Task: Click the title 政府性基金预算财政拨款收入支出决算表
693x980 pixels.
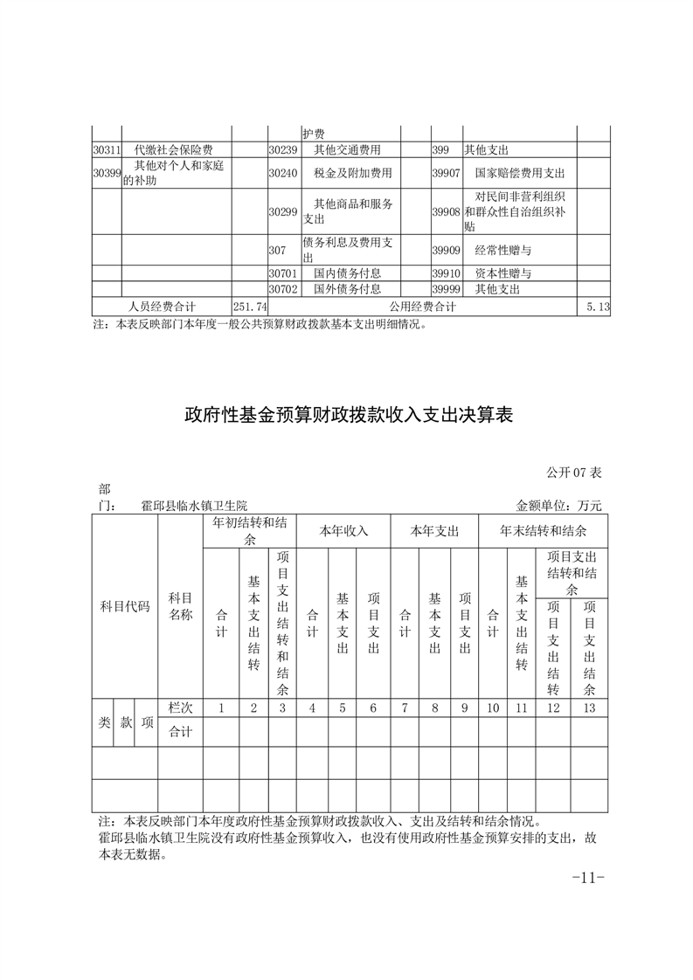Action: coord(347,414)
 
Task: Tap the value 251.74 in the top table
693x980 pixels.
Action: coord(250,307)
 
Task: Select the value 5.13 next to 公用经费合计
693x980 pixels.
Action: coord(598,307)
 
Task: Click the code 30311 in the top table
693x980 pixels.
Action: coord(107,150)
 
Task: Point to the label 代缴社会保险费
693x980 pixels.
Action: coord(174,150)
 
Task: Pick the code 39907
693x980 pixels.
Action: coord(446,173)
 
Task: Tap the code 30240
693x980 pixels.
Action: coord(283,173)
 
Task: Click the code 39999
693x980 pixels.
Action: coord(446,289)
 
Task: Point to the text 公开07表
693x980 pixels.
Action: coord(574,473)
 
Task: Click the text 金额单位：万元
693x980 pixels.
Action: coord(559,505)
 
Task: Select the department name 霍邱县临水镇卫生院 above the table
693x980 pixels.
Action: coord(194,505)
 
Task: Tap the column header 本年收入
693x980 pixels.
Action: coord(343,531)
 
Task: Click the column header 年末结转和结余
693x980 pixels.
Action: coord(543,531)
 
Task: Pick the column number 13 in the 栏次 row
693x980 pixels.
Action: coord(589,708)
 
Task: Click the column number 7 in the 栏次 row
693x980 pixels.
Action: coord(404,708)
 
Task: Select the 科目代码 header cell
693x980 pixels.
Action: coord(124,606)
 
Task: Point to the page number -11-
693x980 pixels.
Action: coord(587,877)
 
